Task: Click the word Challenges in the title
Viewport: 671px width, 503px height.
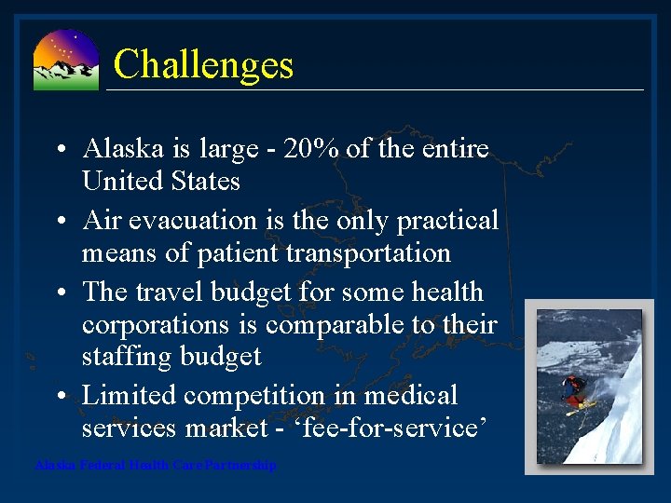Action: tap(203, 65)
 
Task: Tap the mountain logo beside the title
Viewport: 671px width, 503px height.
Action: tap(65, 61)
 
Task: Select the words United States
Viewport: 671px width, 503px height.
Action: tap(160, 181)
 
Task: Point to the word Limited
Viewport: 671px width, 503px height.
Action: tap(130, 396)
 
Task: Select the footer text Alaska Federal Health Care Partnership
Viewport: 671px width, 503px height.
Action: tap(156, 465)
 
